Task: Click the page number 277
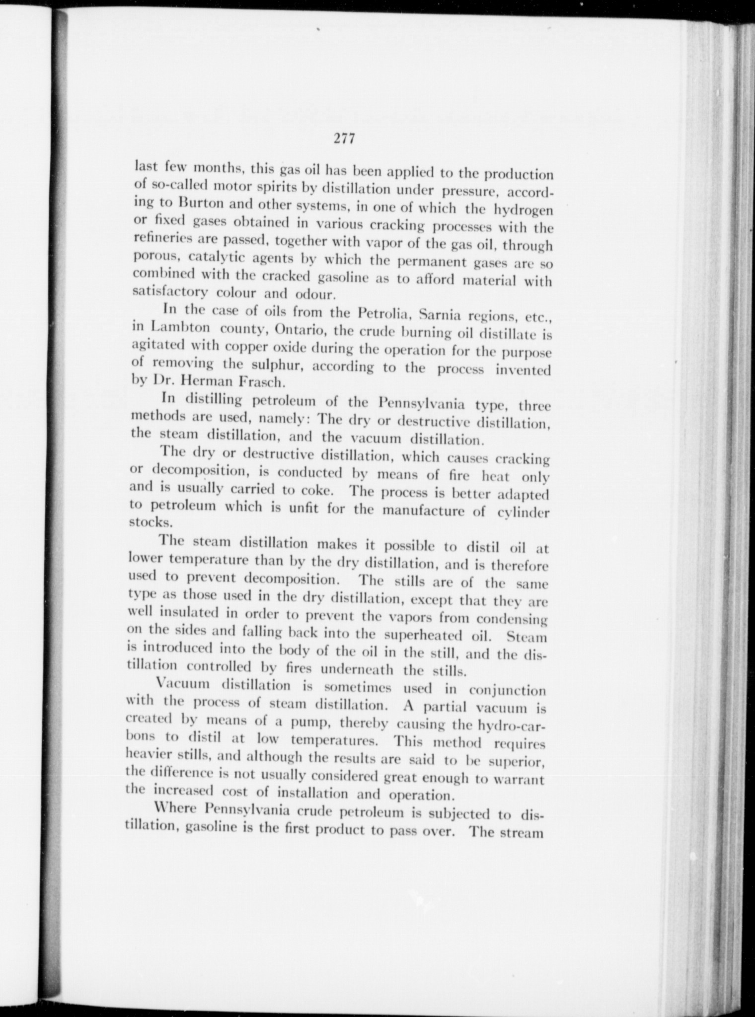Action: [x=344, y=139]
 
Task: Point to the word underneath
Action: [x=357, y=670]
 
